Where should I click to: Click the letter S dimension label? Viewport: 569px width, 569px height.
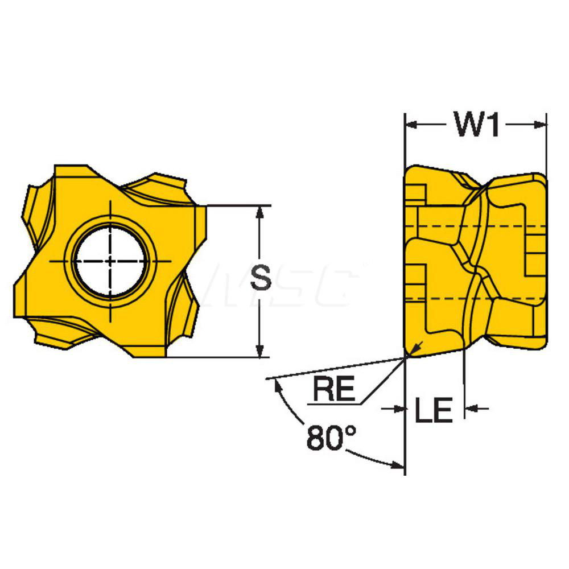pyautogui.click(x=261, y=280)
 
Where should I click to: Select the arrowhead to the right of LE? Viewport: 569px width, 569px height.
pyautogui.click(x=472, y=408)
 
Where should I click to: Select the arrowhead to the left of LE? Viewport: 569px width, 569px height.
pyautogui.click(x=398, y=408)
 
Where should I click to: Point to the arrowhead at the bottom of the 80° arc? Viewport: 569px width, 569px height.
pyautogui.click(x=395, y=465)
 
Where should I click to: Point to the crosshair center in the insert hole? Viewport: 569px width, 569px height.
pyautogui.click(x=110, y=261)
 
